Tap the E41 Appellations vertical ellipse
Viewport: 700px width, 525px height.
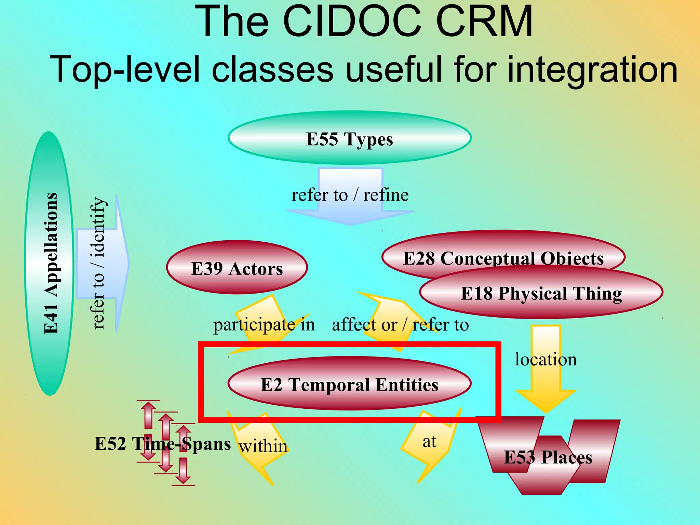click(x=50, y=263)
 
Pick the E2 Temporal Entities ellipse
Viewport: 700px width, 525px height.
click(x=349, y=384)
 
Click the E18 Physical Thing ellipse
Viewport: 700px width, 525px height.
click(x=541, y=293)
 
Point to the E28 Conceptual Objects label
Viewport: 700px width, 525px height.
click(x=503, y=258)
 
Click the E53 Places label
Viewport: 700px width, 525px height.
click(x=548, y=457)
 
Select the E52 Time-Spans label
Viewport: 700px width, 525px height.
click(x=162, y=443)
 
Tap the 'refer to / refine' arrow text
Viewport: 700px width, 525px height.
click(x=350, y=195)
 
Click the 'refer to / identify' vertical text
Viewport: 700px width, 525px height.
click(x=98, y=263)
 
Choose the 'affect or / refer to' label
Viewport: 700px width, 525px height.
click(x=400, y=324)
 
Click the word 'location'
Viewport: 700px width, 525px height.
click(x=546, y=359)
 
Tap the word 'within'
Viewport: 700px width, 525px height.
click(x=263, y=446)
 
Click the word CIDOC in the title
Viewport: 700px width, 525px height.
click(x=352, y=21)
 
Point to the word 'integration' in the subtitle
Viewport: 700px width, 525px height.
click(x=592, y=69)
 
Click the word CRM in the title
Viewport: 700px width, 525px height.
click(x=484, y=21)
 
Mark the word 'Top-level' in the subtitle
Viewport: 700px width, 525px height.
click(x=125, y=69)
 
